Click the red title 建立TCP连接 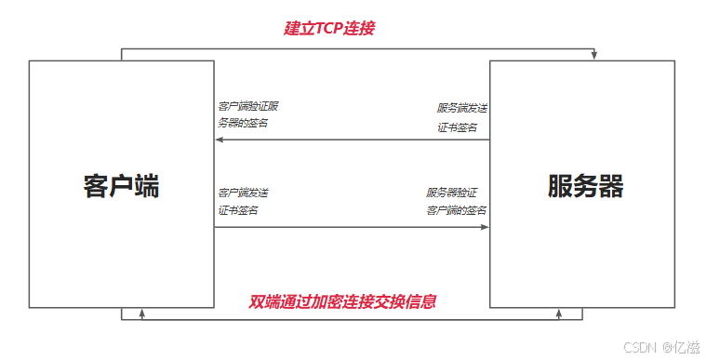(x=329, y=28)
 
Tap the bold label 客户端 (x=121, y=186)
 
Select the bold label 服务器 (x=585, y=186)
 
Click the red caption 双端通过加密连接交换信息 (x=343, y=302)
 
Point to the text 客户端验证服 (x=248, y=106)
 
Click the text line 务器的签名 (x=243, y=123)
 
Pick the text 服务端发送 (x=462, y=108)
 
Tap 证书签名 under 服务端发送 (x=458, y=127)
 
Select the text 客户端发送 (x=244, y=193)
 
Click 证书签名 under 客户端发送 (x=239, y=210)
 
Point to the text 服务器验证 (x=452, y=193)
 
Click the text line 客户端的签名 (x=457, y=210)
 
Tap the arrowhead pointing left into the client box (x=220, y=140)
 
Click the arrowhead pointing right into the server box (x=485, y=227)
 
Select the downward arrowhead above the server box (x=593, y=56)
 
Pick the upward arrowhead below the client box (x=141, y=313)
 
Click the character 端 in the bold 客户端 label (x=146, y=186)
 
